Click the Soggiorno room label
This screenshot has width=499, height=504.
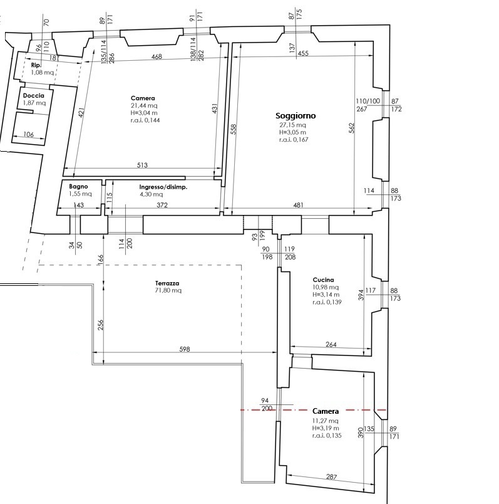[x=296, y=116]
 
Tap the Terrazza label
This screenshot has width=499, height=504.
[x=167, y=283]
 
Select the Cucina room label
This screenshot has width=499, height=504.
[x=323, y=280]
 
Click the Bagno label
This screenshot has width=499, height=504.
[x=78, y=186]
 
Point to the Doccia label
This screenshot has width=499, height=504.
[x=33, y=95]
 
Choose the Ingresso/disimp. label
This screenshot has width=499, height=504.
[x=163, y=187]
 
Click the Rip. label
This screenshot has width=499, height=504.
[x=36, y=65]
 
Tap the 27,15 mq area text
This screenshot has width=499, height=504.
[x=292, y=125]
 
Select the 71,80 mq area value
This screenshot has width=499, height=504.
[x=168, y=291]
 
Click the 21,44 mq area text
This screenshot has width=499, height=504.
[x=144, y=105]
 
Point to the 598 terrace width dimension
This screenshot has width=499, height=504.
[x=185, y=349]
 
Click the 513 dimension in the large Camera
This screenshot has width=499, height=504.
[x=142, y=165]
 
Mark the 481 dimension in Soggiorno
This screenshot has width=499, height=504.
[x=298, y=205]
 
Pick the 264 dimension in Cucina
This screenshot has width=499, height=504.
[x=331, y=345]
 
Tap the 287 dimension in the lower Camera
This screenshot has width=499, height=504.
[x=331, y=477]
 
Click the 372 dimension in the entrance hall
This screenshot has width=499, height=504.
[x=162, y=205]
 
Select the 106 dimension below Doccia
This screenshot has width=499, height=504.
[x=29, y=134]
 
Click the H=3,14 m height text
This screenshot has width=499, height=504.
[x=326, y=295]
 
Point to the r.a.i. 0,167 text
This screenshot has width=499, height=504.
[x=294, y=140]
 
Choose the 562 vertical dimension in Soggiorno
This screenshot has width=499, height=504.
[x=352, y=129]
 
